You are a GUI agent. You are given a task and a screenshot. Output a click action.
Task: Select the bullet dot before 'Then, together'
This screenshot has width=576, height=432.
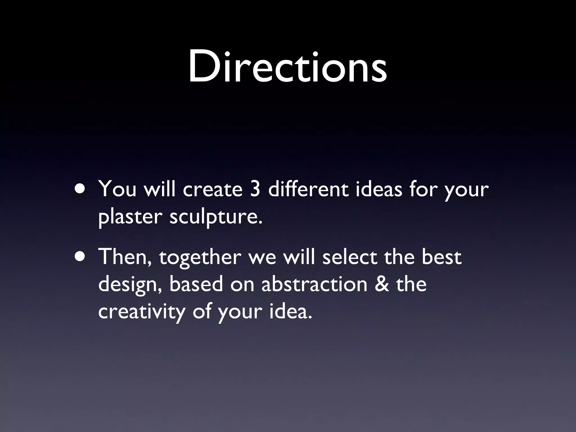click(x=81, y=257)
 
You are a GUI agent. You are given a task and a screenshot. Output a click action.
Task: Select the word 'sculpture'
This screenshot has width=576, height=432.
click(x=214, y=217)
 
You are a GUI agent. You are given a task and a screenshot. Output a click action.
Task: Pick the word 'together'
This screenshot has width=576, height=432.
click(x=200, y=258)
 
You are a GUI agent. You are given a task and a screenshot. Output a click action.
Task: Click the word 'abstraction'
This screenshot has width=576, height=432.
click(x=314, y=284)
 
